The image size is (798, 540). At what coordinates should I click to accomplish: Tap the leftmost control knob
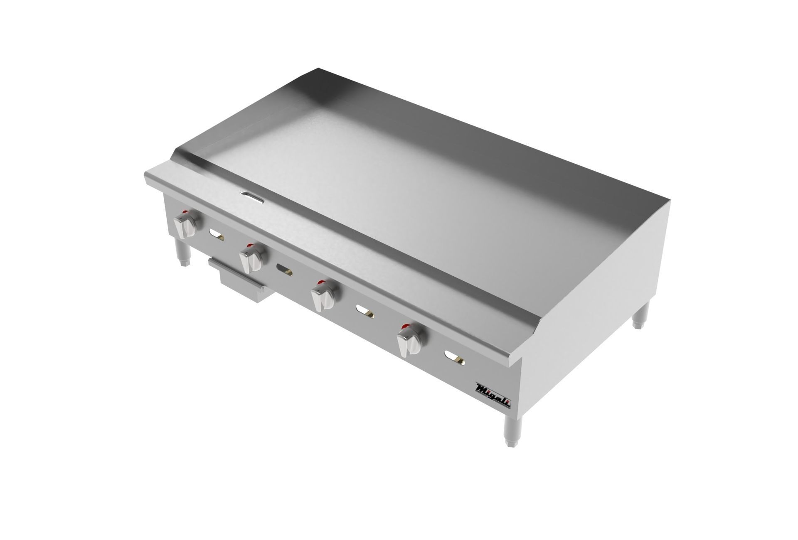(185, 224)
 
